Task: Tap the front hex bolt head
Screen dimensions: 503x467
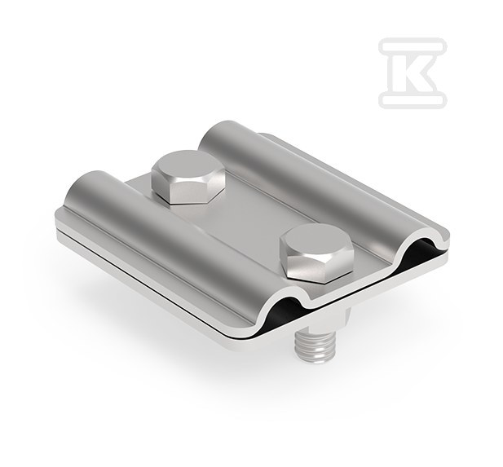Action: [x=316, y=252]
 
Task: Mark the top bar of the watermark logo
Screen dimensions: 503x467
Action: [x=413, y=45]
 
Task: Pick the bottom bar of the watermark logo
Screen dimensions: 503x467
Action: [x=413, y=99]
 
